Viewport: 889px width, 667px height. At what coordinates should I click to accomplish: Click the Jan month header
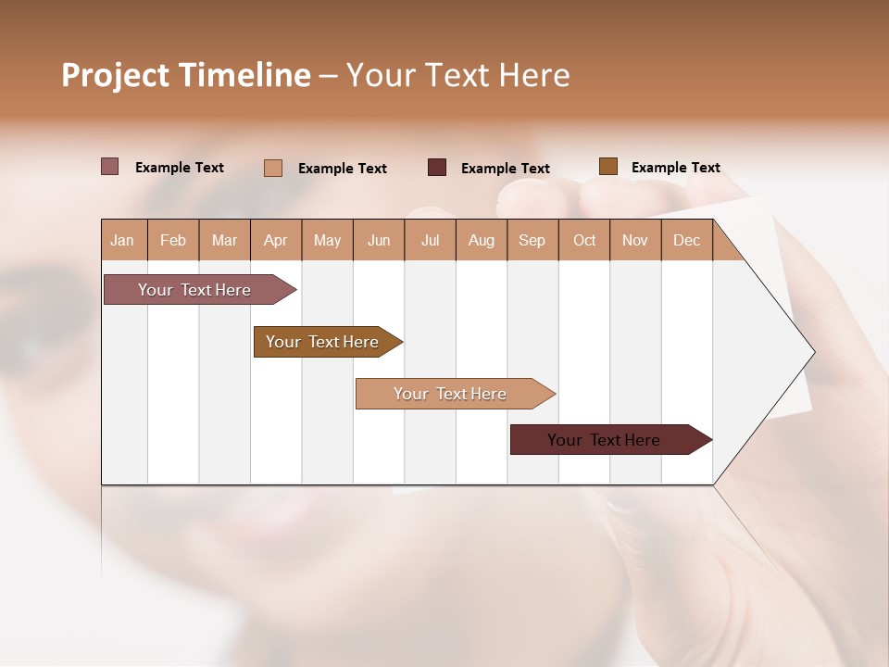[x=123, y=240]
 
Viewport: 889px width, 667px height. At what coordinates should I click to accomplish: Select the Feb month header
[x=173, y=240]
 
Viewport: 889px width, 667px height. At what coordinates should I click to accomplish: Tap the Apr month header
[x=276, y=240]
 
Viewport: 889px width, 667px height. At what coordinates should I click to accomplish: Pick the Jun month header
[x=379, y=240]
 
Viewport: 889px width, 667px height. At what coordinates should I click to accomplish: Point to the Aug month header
[x=482, y=240]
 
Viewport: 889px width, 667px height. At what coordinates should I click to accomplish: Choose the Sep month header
[x=532, y=240]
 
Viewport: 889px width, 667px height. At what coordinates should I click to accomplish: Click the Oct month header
[x=584, y=240]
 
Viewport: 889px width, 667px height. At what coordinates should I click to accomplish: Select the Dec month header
[x=687, y=240]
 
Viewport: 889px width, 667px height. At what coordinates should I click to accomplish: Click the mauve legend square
[x=110, y=167]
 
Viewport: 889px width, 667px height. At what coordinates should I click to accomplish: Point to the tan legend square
[x=273, y=168]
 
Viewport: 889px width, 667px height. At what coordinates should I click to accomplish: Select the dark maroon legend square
[x=437, y=168]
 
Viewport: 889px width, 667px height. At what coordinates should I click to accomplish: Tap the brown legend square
[x=608, y=167]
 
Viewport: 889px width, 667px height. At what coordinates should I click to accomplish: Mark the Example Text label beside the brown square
[x=675, y=168]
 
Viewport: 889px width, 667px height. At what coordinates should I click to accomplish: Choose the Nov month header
[x=635, y=240]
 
